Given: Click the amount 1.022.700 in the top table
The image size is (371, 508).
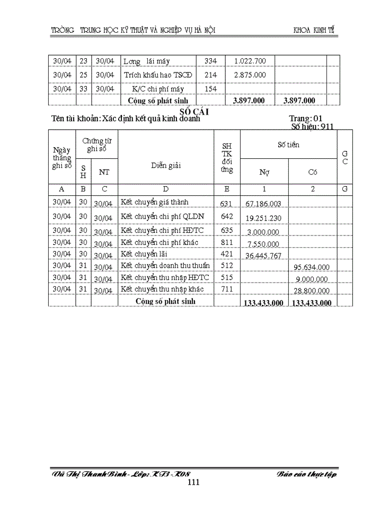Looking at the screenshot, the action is point(250,61).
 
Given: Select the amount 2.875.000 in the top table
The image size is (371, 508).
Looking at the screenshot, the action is point(250,75).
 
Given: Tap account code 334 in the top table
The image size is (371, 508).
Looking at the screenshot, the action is point(210,61).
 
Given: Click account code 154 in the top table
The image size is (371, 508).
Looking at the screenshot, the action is point(210,89).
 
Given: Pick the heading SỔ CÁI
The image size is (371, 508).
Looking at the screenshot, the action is point(195,111).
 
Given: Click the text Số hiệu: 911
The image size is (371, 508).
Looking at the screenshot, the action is point(312,127).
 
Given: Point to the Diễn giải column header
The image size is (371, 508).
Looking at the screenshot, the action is point(165,165).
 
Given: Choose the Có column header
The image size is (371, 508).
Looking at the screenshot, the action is point(313,171).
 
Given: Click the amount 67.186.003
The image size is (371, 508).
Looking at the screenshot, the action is point(263,203).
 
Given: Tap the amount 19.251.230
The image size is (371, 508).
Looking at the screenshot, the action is point(263,217).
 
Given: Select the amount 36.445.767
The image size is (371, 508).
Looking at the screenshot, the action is point(263,256).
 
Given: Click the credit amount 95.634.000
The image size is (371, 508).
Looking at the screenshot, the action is point(312,267).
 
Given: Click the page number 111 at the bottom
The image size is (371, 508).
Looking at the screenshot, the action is point(193,482).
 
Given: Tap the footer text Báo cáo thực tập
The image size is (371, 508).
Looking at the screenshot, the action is point(307,474).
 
